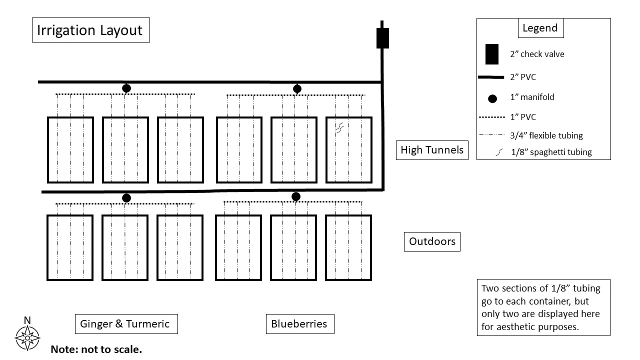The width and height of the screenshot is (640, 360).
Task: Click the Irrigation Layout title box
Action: pos(90,30)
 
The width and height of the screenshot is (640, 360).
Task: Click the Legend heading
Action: pos(540,28)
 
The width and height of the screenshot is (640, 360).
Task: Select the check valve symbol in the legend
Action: pos(491,54)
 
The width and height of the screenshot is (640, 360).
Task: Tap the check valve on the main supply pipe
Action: pos(382,38)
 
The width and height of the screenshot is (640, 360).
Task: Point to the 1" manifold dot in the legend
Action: pos(492,98)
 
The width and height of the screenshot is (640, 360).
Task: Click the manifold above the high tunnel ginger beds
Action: pos(126,88)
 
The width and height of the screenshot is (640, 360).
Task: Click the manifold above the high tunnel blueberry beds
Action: pos(297,89)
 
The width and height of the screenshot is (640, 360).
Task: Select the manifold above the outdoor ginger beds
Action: pos(126,198)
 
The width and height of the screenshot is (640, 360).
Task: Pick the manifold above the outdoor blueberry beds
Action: pos(296,196)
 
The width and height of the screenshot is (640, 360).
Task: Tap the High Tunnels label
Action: pos(432,150)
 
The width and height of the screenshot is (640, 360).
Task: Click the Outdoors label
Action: pos(432,241)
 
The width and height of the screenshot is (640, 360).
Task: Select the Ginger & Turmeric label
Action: pos(126,324)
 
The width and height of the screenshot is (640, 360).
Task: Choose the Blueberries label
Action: pos(299,324)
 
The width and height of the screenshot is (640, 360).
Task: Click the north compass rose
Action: pos(27,337)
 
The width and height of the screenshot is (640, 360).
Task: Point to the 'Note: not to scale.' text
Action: pos(96,349)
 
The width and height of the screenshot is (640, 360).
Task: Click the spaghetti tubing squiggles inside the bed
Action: pos(339,128)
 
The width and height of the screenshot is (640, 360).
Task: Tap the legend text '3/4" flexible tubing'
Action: pos(546,135)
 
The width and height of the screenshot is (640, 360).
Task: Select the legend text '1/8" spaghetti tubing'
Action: pos(551,152)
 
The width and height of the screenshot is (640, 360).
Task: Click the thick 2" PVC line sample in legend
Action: pos(491,77)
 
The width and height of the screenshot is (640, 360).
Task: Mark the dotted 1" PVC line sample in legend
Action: pos(491,117)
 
